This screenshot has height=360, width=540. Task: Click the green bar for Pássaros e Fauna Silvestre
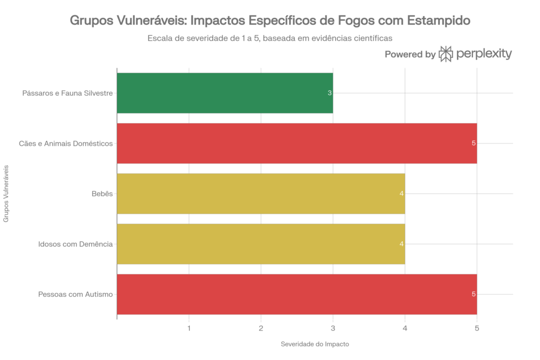pyautogui.click(x=225, y=93)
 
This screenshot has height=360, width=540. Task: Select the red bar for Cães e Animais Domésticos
pyautogui.click(x=296, y=143)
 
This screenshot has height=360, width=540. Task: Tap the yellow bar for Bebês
pyautogui.click(x=261, y=193)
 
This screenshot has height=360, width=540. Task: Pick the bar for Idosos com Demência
pyautogui.click(x=261, y=244)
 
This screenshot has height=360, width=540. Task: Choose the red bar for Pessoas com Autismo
pyautogui.click(x=296, y=294)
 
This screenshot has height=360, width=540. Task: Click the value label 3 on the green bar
pyautogui.click(x=330, y=93)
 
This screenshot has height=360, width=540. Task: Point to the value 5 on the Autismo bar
pyautogui.click(x=474, y=294)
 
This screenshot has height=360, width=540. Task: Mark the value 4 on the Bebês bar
pyautogui.click(x=402, y=194)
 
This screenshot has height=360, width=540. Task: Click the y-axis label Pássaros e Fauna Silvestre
pyautogui.click(x=67, y=93)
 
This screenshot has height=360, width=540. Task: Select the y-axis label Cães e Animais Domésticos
pyautogui.click(x=65, y=143)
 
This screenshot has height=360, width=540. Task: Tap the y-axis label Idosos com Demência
pyautogui.click(x=75, y=244)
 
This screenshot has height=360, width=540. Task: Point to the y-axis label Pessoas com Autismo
pyautogui.click(x=75, y=294)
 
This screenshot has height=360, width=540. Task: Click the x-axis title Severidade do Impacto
pyautogui.click(x=315, y=344)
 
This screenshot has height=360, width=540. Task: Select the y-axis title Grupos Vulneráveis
pyautogui.click(x=6, y=193)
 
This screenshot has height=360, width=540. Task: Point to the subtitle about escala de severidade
pyautogui.click(x=271, y=38)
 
